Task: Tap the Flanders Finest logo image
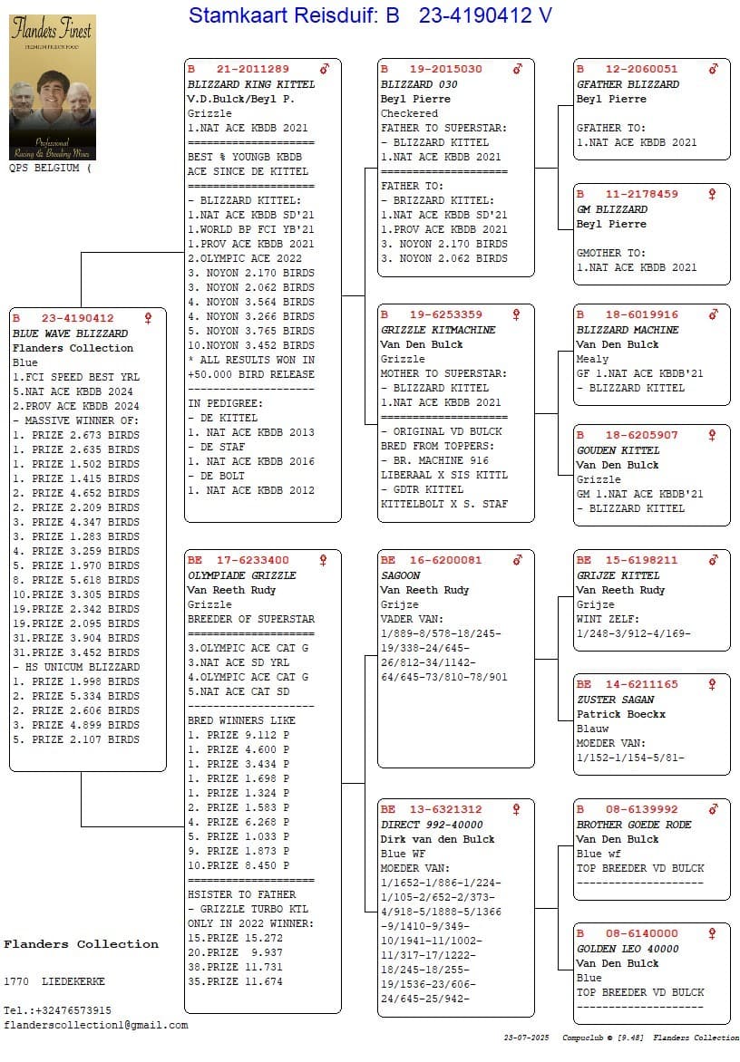52,88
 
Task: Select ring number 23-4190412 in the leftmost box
77,319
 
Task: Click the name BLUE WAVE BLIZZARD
70,333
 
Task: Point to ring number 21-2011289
252,70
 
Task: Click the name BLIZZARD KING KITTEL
251,84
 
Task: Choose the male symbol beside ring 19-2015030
518,70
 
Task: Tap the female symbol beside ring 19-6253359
517,315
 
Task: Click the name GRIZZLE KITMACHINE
438,330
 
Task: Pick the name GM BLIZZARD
612,209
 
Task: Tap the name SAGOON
401,575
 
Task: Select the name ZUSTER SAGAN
615,700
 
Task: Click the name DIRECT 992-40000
432,825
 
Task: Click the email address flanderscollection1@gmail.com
96,1025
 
